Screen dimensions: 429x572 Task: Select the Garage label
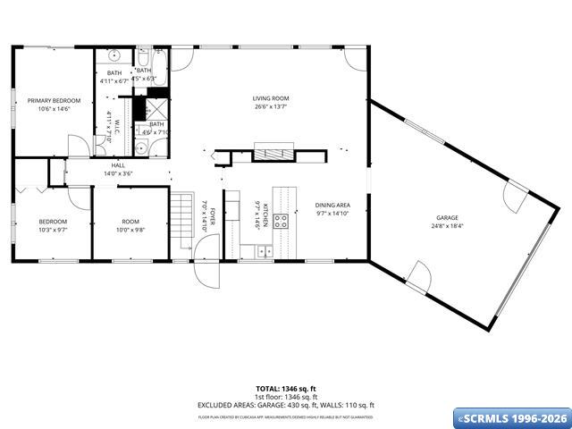447,217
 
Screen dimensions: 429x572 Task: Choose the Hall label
118,165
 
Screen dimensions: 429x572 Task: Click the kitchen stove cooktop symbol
281,222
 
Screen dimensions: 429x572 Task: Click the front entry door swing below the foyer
206,272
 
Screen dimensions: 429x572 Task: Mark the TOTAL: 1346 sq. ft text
286,389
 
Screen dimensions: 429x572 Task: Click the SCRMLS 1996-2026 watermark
511,418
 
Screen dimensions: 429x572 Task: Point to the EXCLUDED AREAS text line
286,404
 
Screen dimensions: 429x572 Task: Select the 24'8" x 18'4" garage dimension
447,225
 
